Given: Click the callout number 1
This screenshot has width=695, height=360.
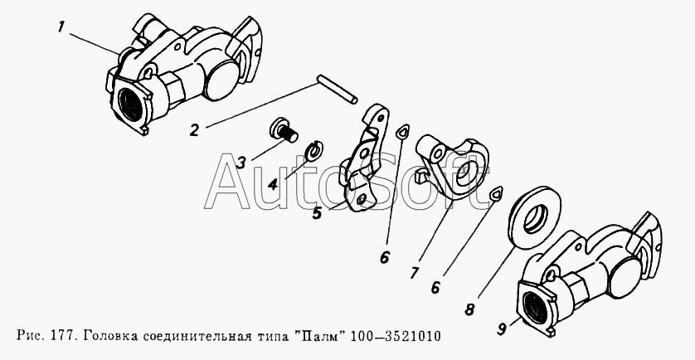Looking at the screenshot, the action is click(61, 28).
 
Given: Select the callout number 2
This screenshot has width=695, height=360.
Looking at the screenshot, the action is click(195, 130).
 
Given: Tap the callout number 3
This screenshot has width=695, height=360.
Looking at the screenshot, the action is click(241, 163).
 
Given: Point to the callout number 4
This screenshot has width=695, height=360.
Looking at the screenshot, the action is click(273, 183).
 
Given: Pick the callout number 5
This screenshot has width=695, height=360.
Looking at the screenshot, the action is click(317, 213).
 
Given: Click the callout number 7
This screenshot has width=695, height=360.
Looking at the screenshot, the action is click(415, 272).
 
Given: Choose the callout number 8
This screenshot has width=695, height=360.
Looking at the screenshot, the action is click(469, 309).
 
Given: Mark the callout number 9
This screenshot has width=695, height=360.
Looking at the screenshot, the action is click(502, 329).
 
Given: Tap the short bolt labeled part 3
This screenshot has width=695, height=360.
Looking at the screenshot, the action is click(284, 130).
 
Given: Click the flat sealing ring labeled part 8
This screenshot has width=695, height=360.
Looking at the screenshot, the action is click(535, 217).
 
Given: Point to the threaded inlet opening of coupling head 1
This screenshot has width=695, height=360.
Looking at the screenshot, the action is click(131, 105).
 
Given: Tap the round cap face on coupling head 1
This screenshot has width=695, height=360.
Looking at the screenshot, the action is click(222, 80).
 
